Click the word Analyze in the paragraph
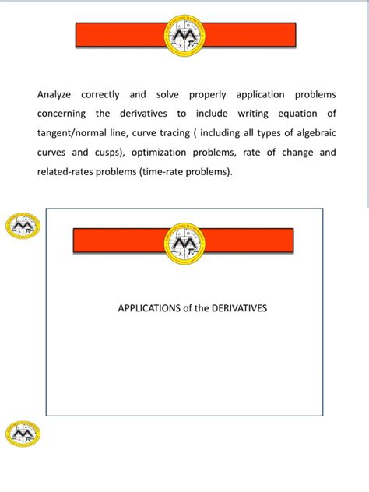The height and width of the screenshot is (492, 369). point(54,95)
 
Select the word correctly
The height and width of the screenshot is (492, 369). point(100,95)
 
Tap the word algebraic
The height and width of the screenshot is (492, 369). point(311,133)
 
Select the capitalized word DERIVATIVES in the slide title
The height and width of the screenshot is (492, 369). point(236,308)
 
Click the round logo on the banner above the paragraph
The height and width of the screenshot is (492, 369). point(185,36)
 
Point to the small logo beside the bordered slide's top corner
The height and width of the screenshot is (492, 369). point(21,226)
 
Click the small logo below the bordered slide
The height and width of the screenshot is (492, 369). point(22,433)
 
